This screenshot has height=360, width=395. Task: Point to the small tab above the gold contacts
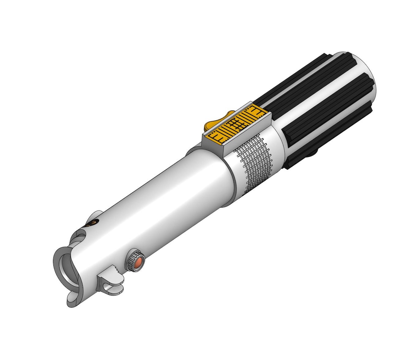coord(97,215)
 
